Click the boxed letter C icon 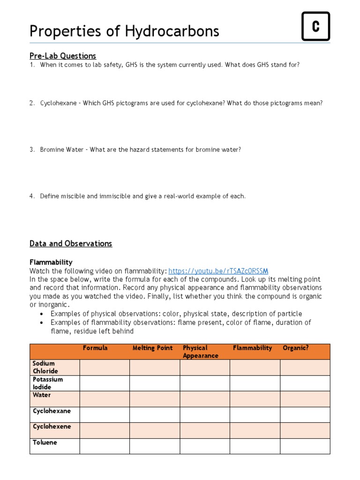pos(315,26)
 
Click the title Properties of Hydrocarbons pos(124,31)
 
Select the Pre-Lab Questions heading pos(63,56)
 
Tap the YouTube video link pos(218,271)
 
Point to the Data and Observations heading pos(71,243)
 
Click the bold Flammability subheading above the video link pos(51,262)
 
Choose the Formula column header pos(95,348)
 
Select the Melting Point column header pos(152,348)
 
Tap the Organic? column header pos(296,348)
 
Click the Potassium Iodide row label pos(47,383)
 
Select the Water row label pos(42,395)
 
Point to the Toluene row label pos(45,442)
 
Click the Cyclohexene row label pos(52,427)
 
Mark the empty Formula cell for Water pos(105,399)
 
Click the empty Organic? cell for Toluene pos(305,446)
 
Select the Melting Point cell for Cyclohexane pos(155,414)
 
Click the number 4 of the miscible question pos(32,196)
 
